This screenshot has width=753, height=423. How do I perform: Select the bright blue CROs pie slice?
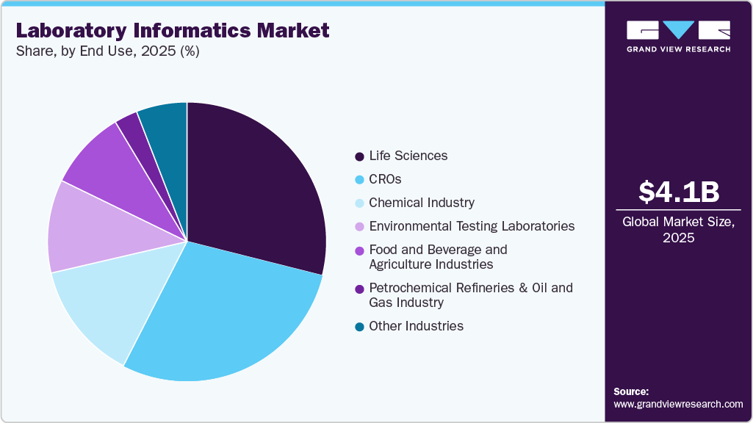point(228,308)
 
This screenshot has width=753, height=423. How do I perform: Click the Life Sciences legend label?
point(408,156)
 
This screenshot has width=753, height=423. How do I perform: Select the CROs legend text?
point(385,179)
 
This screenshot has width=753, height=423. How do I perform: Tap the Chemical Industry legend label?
point(421,203)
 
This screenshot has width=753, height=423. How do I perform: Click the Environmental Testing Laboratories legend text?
point(472,226)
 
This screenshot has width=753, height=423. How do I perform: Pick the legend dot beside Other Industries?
point(359,327)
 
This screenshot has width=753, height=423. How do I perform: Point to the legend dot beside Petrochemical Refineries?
point(359,289)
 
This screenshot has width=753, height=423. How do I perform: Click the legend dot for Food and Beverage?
point(359,250)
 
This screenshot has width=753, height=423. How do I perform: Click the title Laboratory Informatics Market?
point(172,31)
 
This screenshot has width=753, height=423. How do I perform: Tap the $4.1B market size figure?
point(678,192)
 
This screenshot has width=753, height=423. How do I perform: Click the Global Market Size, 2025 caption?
point(678,230)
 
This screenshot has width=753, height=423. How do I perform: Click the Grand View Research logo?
point(678,36)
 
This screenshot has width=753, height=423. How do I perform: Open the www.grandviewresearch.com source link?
point(678,404)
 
